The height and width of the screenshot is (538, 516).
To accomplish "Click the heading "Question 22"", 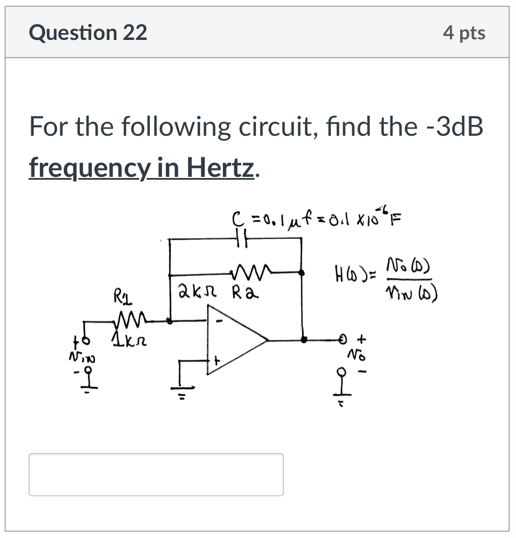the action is [x=88, y=33].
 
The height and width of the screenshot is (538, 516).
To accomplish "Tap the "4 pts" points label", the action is [x=464, y=33].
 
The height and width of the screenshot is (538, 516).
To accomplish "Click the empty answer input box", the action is [x=156, y=474].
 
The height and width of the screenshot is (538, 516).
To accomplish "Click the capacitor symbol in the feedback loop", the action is [x=240, y=241].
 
